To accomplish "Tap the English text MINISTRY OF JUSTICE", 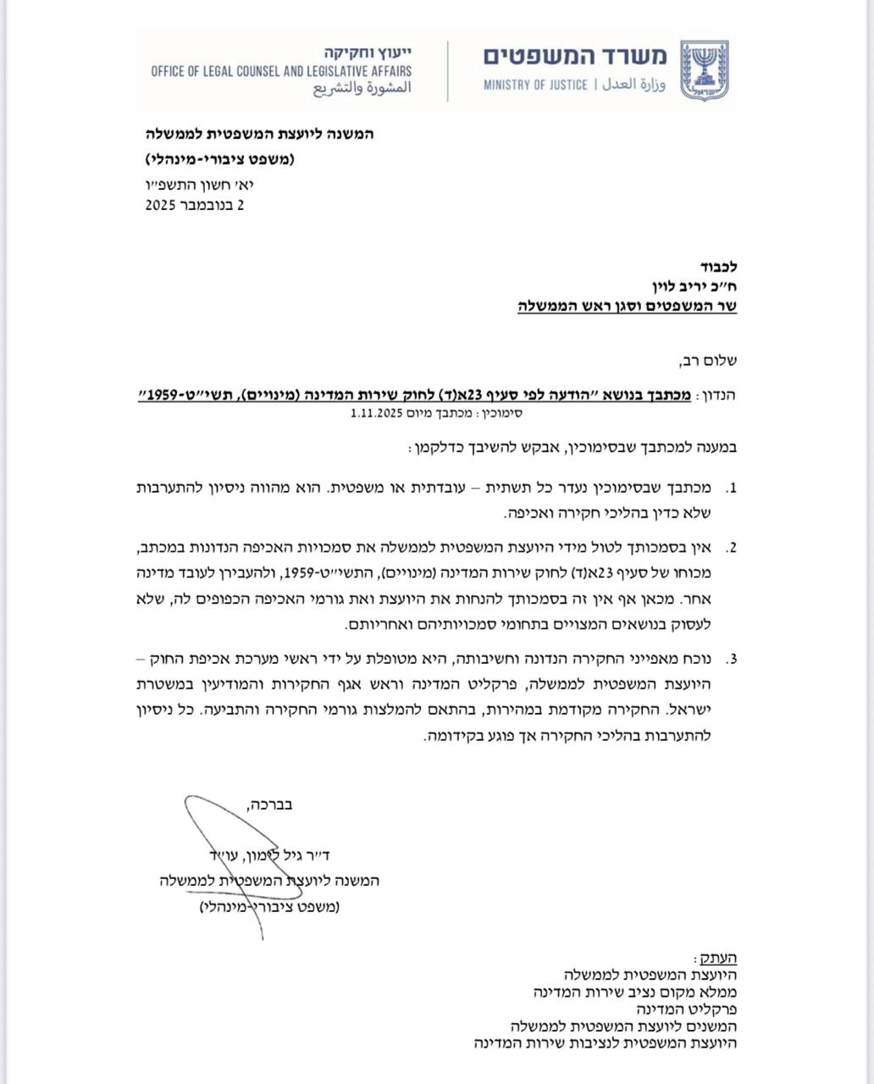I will [x=535, y=86].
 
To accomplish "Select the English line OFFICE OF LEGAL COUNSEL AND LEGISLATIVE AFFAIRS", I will [x=281, y=71].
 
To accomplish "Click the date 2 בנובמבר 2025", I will [x=194, y=204].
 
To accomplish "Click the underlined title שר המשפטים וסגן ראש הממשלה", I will [x=628, y=306].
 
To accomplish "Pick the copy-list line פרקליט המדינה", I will [x=687, y=1009].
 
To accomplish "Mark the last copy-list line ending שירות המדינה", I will [x=606, y=1043].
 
